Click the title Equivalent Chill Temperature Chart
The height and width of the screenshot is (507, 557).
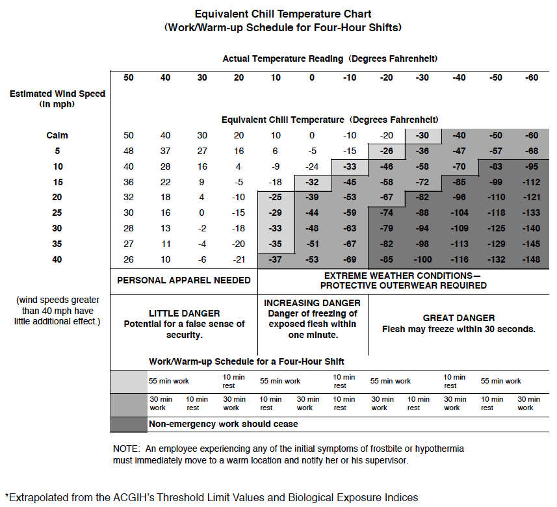(283, 14)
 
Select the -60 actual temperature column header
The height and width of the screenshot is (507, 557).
(533, 78)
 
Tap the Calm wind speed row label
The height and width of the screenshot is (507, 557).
(57, 136)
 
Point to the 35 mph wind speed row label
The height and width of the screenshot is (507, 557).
(57, 244)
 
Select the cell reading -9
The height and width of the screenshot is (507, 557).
(276, 167)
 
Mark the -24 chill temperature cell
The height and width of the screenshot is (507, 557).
(312, 167)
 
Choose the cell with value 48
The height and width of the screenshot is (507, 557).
(129, 151)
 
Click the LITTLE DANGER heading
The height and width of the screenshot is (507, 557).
(184, 313)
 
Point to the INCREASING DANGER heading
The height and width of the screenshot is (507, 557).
(312, 304)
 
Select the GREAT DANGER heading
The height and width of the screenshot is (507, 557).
(458, 318)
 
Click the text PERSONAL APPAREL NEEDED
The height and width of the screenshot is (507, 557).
(183, 281)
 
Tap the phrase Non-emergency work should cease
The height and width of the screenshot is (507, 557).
(224, 424)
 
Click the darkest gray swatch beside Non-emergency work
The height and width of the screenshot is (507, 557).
(129, 424)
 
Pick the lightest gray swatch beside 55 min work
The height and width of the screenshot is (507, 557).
(129, 380)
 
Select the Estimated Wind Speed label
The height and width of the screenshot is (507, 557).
(57, 94)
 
